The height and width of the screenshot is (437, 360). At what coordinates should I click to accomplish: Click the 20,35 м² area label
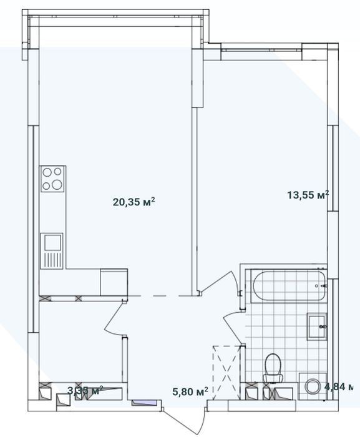[x=134, y=202]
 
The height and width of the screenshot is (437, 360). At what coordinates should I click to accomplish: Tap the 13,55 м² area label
[x=307, y=195]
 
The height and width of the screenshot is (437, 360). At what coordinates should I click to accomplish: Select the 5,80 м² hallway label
[x=190, y=392]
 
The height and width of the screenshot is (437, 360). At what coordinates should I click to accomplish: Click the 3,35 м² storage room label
[x=85, y=391]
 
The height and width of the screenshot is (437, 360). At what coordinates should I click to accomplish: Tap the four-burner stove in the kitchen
[x=52, y=179]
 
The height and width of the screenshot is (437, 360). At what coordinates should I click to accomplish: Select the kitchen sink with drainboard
[x=52, y=250]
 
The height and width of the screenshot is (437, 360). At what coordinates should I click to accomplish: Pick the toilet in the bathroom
[x=273, y=368]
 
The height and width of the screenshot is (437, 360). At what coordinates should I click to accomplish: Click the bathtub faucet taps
[x=322, y=285]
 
